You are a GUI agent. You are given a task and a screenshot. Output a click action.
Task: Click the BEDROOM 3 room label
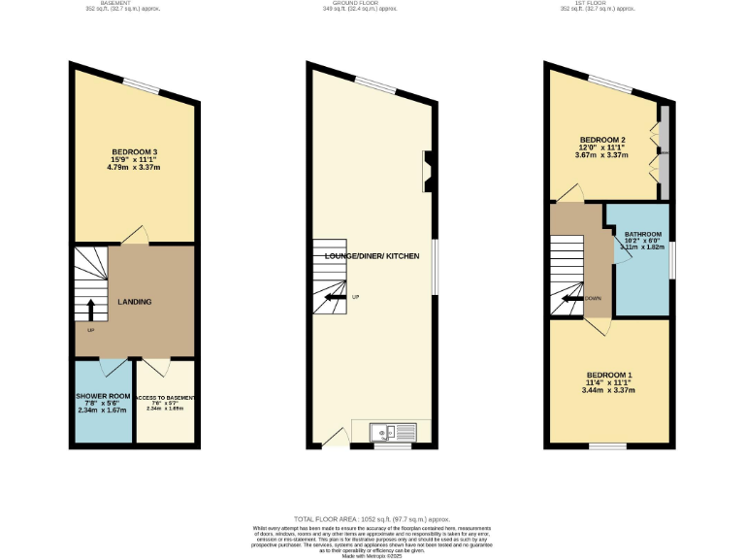[x=134, y=151]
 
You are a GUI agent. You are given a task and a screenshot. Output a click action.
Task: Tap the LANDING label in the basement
[x=134, y=302]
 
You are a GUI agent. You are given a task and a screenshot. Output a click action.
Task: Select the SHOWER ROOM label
[x=104, y=397]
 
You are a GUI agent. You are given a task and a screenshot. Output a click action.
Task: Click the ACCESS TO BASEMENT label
[x=166, y=398]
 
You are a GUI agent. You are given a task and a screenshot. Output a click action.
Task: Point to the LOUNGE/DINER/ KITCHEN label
[x=372, y=256]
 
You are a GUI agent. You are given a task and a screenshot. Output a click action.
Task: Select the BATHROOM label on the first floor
[x=642, y=235]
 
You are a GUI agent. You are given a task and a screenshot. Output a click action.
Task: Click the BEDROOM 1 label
[x=609, y=376]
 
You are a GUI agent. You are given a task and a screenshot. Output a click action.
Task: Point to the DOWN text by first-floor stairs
[x=593, y=298]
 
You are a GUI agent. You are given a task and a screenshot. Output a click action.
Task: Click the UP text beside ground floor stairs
[x=355, y=297]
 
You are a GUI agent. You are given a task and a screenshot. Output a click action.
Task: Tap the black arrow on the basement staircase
[x=91, y=310]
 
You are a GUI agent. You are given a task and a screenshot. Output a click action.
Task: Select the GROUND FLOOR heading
[x=372, y=3]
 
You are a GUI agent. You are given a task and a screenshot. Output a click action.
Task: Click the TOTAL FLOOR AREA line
[x=372, y=519]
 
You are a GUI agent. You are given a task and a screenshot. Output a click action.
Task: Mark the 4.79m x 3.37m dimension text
[x=134, y=168]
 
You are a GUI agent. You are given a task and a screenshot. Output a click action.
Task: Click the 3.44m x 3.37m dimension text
[x=609, y=391]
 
